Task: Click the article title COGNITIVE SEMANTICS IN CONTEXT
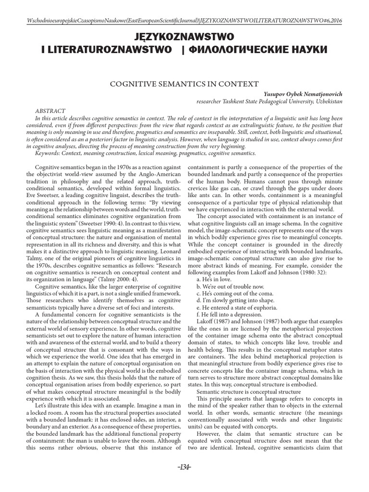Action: point(184,84)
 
